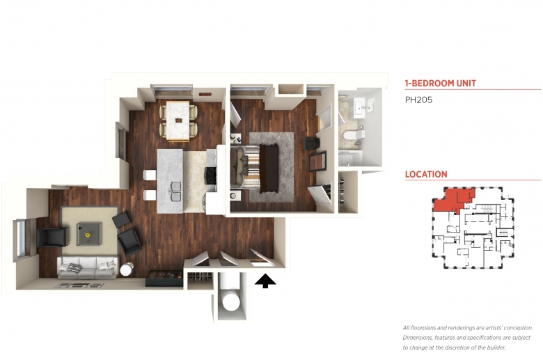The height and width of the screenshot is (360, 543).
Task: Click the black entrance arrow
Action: coord(265,281)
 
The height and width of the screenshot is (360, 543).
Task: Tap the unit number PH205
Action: coord(418,100)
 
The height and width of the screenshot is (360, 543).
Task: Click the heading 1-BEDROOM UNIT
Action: coord(441,83)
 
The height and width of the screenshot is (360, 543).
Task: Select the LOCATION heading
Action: coord(426,174)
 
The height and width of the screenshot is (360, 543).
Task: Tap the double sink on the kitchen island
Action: coord(175,191)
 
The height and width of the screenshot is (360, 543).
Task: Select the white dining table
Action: coord(178,120)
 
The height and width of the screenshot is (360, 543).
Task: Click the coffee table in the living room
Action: coord(89,233)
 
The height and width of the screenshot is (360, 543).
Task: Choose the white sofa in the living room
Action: coord(88,267)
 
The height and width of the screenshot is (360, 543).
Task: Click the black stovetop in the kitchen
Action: coord(211,175)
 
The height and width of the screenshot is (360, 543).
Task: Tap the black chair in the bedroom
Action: coord(311,143)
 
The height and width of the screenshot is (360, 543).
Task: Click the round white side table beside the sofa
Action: coord(127,269)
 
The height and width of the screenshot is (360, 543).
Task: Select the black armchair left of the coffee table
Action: coord(52,237)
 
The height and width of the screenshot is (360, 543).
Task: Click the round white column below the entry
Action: coord(230,302)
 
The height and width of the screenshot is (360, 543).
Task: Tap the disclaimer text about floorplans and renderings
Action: coord(468,338)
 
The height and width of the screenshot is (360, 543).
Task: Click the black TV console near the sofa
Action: coord(164,279)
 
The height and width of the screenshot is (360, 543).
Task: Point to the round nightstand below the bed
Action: coord(234,196)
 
